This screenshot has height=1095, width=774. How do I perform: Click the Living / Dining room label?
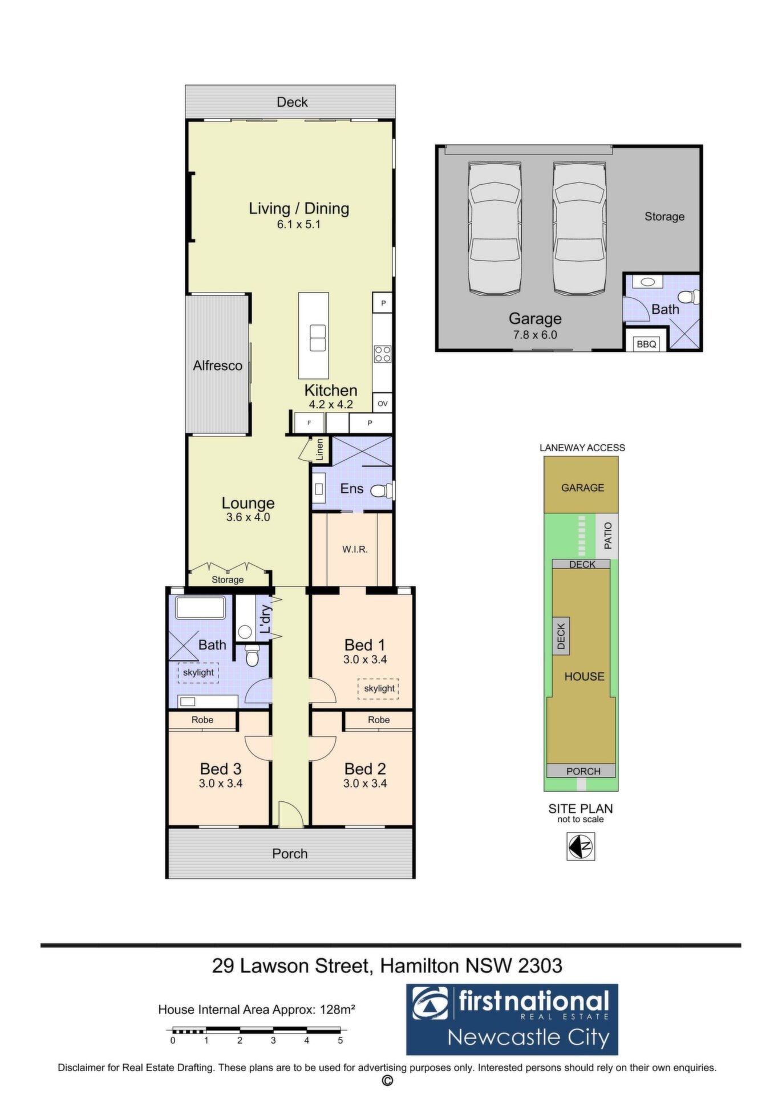[299, 208]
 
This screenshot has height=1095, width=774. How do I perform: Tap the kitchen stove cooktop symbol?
[383, 354]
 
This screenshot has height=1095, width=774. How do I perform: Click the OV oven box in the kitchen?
[383, 403]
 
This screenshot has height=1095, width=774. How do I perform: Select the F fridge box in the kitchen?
[309, 423]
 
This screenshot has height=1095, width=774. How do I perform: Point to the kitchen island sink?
[318, 338]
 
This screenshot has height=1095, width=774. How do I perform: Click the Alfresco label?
[217, 366]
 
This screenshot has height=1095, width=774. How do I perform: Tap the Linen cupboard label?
[320, 449]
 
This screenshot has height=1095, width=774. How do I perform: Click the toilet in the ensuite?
[382, 490]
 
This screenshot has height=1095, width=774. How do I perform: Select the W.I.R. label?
[355, 550]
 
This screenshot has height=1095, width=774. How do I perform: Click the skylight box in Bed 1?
[379, 688]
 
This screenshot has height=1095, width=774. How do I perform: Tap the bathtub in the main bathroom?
[200, 607]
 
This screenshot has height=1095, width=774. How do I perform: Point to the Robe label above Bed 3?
[202, 720]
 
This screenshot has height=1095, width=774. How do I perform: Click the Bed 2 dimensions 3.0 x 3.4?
[365, 784]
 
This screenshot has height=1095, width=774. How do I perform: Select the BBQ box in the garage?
[646, 344]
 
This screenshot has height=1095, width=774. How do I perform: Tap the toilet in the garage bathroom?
[690, 297]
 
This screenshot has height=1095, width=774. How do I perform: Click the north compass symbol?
[581, 846]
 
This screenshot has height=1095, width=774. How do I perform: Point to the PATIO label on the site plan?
[608, 536]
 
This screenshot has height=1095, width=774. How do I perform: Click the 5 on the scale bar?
[341, 1040]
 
